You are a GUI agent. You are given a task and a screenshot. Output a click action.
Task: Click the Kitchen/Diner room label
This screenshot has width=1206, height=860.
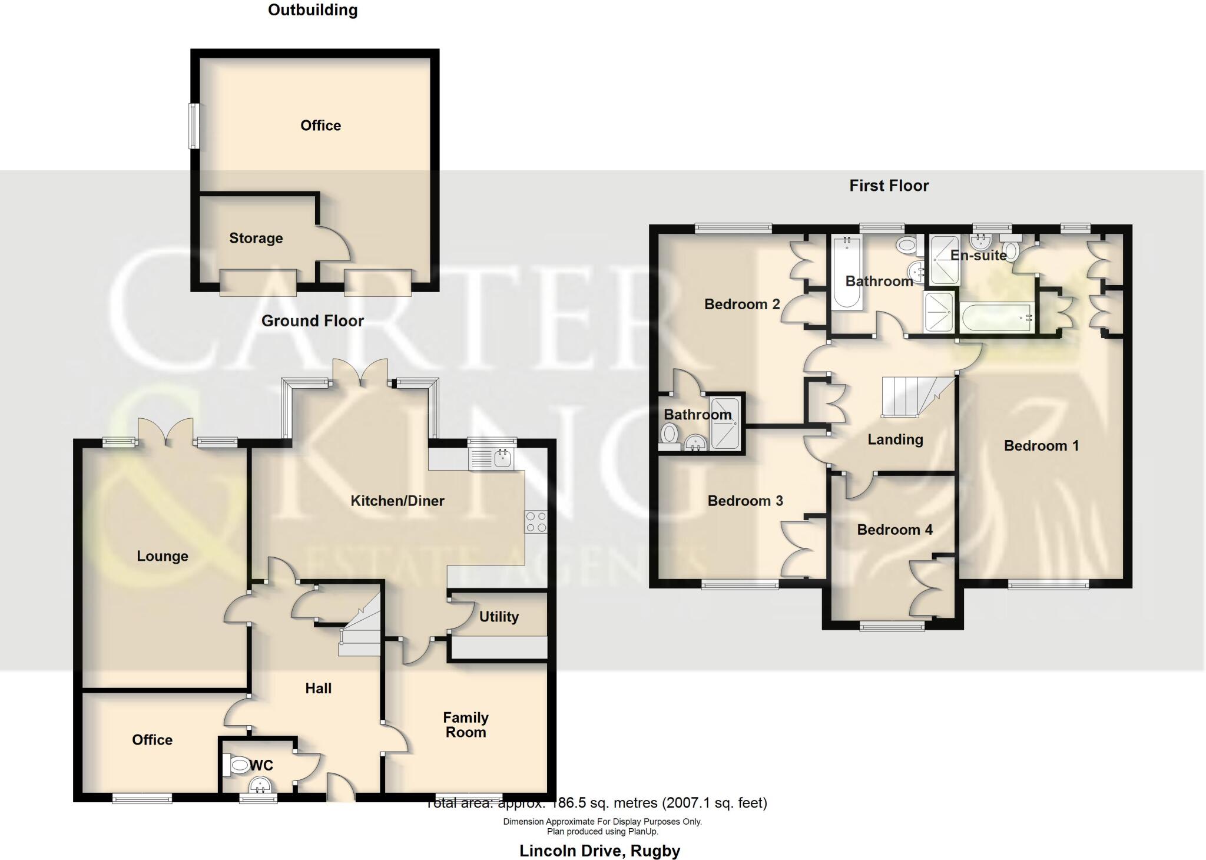(x=397, y=501)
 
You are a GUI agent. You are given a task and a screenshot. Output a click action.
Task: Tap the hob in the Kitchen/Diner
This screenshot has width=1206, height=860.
(x=536, y=522)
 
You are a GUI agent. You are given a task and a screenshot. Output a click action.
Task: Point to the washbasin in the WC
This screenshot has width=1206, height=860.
(x=260, y=785)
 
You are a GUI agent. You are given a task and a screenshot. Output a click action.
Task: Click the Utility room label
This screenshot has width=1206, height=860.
(x=499, y=617)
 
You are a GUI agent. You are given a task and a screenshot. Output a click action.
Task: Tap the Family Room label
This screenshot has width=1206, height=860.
(x=466, y=725)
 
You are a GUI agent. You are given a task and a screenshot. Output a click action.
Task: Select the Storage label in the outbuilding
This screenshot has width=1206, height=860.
(x=256, y=238)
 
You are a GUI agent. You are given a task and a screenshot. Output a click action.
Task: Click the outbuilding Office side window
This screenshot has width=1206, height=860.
(x=193, y=126)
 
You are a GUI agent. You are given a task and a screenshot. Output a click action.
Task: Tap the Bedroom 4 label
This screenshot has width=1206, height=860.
(x=894, y=530)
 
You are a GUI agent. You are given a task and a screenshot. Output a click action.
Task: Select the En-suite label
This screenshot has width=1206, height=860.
(x=978, y=255)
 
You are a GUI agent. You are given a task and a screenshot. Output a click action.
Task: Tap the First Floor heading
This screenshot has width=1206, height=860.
(x=889, y=186)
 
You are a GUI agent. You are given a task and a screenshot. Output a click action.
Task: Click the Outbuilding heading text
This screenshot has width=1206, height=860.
(x=313, y=10)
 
